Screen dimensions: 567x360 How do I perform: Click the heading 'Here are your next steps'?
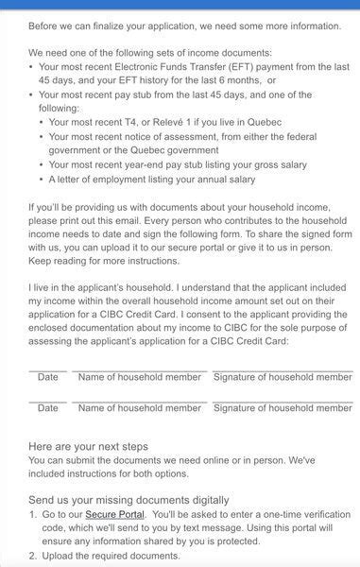tap(88, 446)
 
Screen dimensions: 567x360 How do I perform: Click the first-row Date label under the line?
tap(47, 377)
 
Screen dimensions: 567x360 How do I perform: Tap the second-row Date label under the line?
tap(47, 408)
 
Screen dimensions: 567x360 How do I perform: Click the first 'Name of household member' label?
tap(139, 377)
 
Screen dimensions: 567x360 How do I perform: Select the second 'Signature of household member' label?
tap(283, 408)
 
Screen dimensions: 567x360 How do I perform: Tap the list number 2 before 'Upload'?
tap(33, 556)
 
